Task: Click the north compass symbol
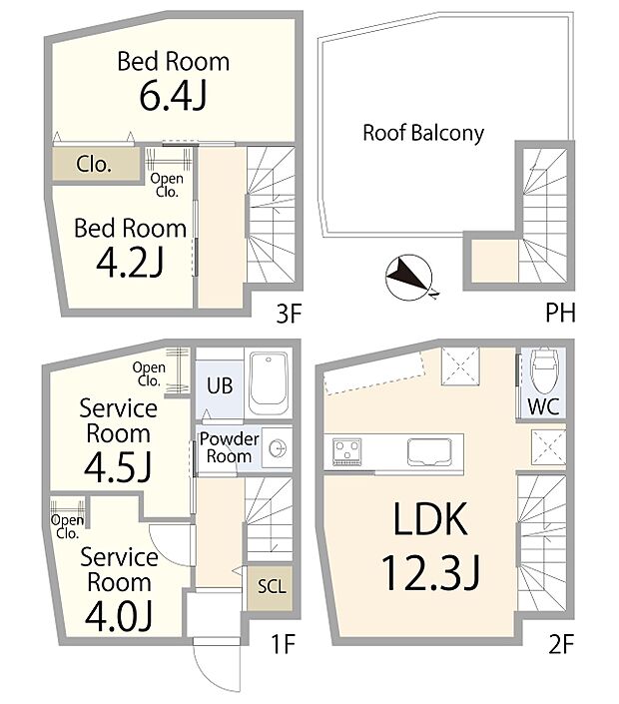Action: pos(409,278)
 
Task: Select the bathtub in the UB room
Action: pos(269,383)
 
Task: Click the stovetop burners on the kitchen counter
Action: pos(346,451)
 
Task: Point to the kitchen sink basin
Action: pos(429,452)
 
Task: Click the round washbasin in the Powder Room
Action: pos(278,448)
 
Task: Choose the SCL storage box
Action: pos(270,588)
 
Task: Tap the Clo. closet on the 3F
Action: pos(95,165)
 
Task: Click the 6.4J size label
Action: pos(173,96)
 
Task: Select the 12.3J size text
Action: pos(430,572)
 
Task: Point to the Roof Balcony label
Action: pos(423,133)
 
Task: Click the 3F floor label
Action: pos(289,314)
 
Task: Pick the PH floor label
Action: pos(560,313)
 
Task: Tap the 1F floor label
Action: pos(283,645)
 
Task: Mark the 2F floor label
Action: pos(561,645)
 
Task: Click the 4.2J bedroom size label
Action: pos(129,263)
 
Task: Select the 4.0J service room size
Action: pos(119,615)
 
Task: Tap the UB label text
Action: pos(220,385)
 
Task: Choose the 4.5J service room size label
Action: pos(118,467)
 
